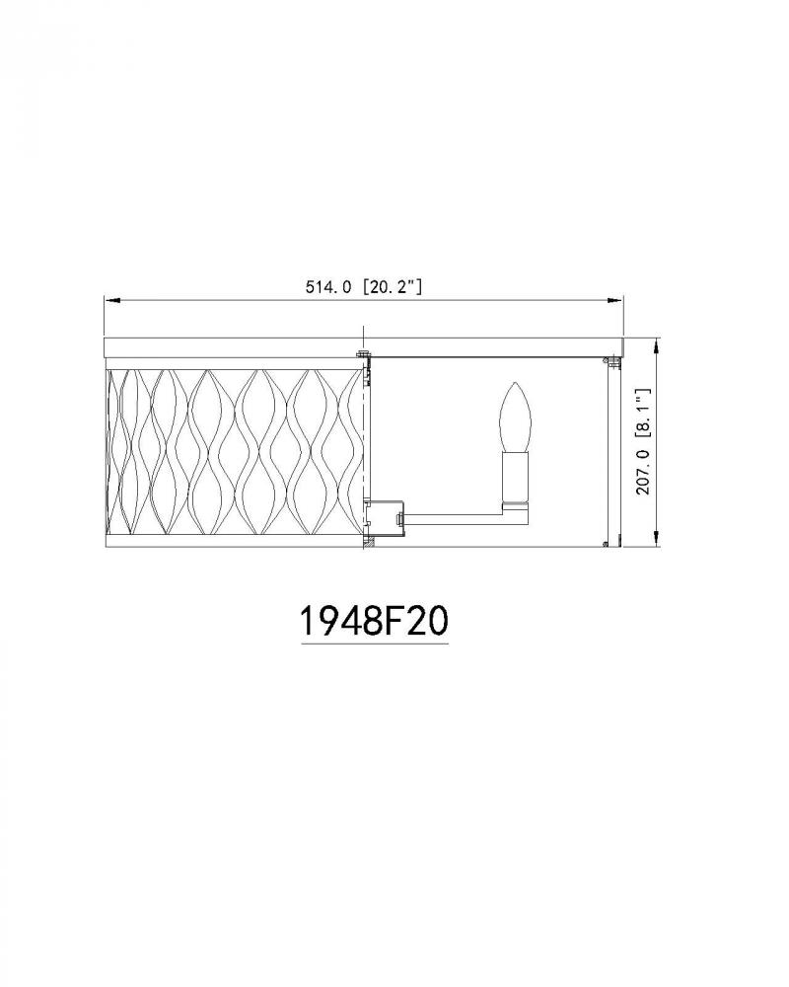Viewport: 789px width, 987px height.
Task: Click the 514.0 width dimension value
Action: tap(327, 287)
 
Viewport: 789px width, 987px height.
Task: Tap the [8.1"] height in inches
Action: tap(643, 413)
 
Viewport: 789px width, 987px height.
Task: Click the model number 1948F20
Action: tap(375, 621)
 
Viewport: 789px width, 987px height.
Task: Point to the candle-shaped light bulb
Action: tap(515, 417)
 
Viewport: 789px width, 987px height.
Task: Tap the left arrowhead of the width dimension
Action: tap(112, 301)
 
